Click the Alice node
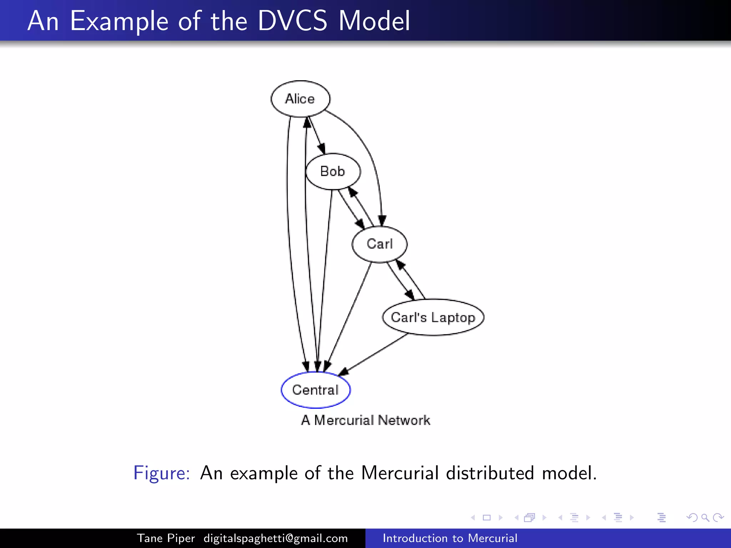pos(300,99)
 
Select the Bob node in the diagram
pos(333,172)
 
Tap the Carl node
pos(379,244)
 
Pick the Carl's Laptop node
pos(433,317)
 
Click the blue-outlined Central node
pos(316,390)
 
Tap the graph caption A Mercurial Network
pos(365,420)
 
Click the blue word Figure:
pos(162,473)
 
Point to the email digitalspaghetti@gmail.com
pos(276,538)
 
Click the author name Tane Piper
pos(166,538)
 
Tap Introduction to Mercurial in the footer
pos(450,538)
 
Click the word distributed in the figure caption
pos(490,473)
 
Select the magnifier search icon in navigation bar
pos(705,517)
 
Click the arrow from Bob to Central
pos(325,278)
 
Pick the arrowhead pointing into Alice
pos(307,122)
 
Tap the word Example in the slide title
pos(119,21)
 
